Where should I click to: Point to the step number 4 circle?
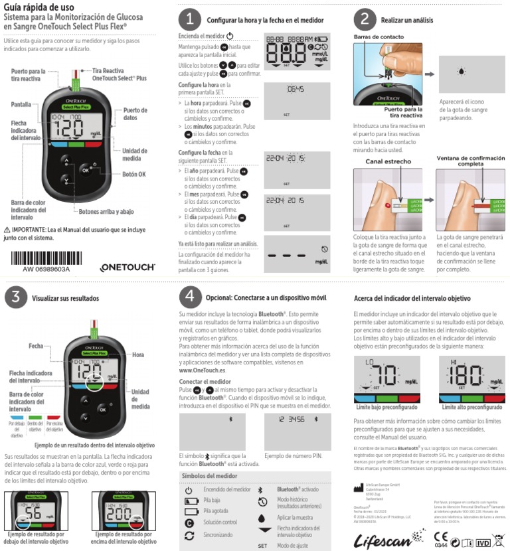(190, 295)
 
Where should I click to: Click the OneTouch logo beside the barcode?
(127, 267)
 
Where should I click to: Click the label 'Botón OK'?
(133, 175)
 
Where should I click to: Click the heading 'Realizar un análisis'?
(407, 21)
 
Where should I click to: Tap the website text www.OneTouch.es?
(203, 370)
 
